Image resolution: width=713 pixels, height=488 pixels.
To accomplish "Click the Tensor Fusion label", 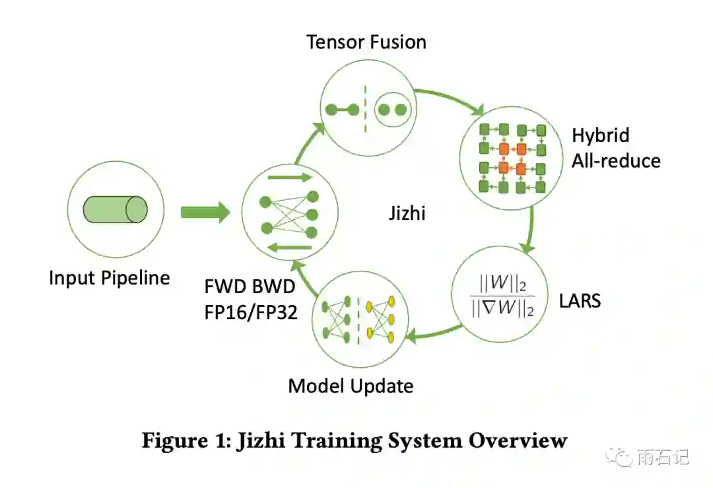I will pyautogui.click(x=366, y=42).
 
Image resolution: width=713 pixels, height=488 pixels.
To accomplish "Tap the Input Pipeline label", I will pyautogui.click(x=110, y=277).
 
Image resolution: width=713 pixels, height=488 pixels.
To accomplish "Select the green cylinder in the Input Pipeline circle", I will pyautogui.click(x=114, y=209).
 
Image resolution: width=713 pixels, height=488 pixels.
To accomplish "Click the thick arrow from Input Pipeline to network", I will pyautogui.click(x=205, y=213).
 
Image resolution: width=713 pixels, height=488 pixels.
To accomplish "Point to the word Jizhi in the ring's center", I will pyautogui.click(x=407, y=213).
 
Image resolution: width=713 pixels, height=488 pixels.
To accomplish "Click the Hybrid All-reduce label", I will pyautogui.click(x=615, y=148).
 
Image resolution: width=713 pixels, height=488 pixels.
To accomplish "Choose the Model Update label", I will pyautogui.click(x=351, y=385).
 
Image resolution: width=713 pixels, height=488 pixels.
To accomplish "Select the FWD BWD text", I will pyautogui.click(x=250, y=288).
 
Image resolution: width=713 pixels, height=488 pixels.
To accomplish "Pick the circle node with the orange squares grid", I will pyautogui.click(x=512, y=158).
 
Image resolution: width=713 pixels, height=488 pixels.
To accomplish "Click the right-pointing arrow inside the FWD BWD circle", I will pyautogui.click(x=288, y=178).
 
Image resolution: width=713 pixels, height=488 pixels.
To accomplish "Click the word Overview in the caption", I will pyautogui.click(x=518, y=440).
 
